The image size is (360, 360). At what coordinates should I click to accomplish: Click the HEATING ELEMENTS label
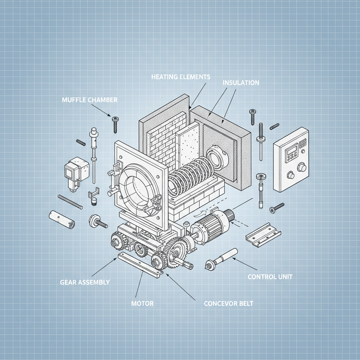pyautogui.click(x=180, y=77)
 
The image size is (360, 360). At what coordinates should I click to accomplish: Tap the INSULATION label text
pyautogui.click(x=241, y=83)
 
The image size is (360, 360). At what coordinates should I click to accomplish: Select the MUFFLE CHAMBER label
pyautogui.click(x=89, y=100)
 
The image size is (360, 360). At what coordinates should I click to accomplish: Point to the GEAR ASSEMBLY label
pyautogui.click(x=85, y=282)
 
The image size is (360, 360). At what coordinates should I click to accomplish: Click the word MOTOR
pyautogui.click(x=142, y=303)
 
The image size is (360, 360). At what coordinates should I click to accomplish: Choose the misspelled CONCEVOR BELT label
pyautogui.click(x=228, y=303)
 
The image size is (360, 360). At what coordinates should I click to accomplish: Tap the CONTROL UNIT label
pyautogui.click(x=270, y=277)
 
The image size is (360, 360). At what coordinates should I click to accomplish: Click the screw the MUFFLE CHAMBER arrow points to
pyautogui.click(x=115, y=124)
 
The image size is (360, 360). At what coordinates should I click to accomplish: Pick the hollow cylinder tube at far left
pyautogui.click(x=62, y=219)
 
